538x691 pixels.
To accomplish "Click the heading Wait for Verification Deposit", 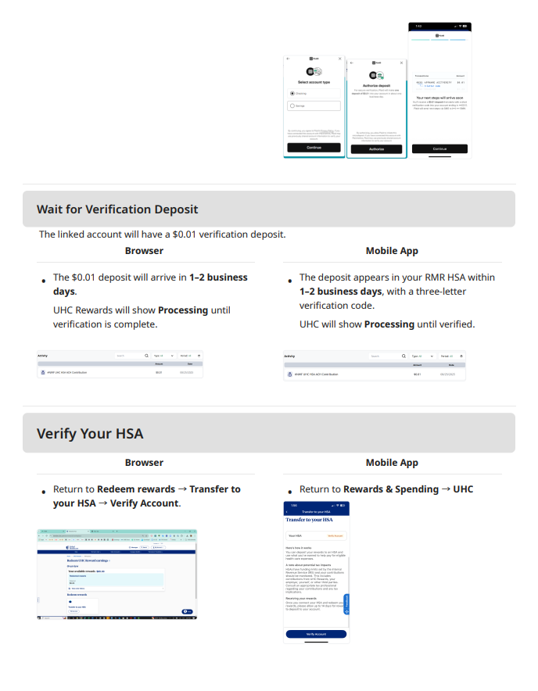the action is coord(117,209).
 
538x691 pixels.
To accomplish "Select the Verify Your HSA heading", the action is coord(90,433).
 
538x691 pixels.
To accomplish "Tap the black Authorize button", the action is coord(376,149).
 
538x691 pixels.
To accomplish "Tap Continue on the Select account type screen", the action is coord(314,147).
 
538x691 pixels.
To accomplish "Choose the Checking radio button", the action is coord(292,92).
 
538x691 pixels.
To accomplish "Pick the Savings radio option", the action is coord(292,105).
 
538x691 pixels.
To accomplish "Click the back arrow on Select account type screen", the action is coord(288,59).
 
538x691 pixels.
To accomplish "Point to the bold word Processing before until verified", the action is coord(389,324).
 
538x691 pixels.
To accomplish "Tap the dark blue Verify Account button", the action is coord(316,634).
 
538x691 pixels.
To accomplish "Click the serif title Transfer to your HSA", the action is coord(310,519).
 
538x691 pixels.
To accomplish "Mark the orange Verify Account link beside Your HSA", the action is coord(335,535).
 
